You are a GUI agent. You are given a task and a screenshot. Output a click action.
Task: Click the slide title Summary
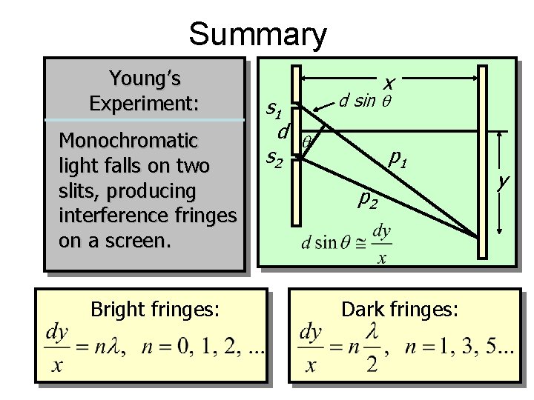pos(257,35)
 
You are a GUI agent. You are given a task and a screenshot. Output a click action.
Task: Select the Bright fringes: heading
pos(154,310)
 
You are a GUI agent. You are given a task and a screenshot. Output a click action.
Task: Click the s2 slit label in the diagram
pos(275,157)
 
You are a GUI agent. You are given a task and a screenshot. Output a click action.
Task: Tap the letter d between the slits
pos(282,133)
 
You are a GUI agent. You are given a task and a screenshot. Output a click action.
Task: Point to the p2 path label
pos(368,198)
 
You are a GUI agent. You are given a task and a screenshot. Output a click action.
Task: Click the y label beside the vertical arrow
pos(504,181)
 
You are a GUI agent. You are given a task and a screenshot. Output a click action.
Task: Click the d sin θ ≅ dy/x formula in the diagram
pos(346,242)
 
